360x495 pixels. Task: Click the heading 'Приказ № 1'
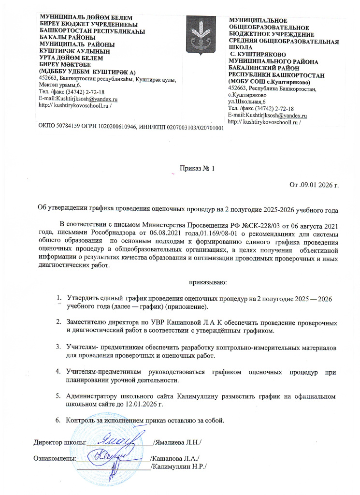[197, 169]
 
